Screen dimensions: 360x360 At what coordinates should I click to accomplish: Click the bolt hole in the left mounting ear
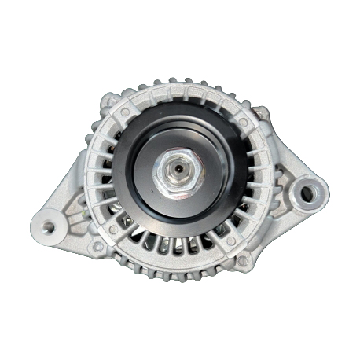49,227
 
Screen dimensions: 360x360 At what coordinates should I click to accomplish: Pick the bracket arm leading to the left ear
75,204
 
